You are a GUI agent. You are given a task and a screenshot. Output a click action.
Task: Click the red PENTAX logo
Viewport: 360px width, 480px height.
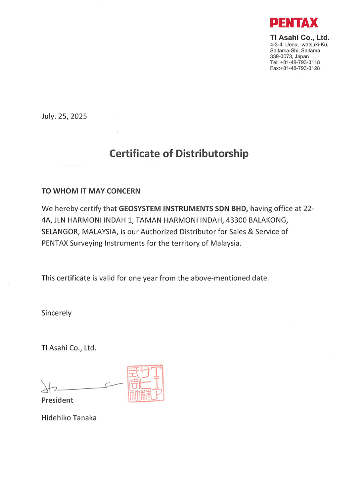[x=294, y=22]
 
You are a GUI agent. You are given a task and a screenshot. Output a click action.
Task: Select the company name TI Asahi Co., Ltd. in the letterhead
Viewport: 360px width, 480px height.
[x=300, y=38]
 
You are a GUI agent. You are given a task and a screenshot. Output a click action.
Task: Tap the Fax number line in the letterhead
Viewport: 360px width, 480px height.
[x=295, y=68]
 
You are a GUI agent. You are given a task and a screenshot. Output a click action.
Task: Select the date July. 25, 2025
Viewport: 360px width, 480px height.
[x=64, y=117]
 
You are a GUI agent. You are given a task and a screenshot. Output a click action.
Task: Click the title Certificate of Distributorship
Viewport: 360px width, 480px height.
[x=179, y=153]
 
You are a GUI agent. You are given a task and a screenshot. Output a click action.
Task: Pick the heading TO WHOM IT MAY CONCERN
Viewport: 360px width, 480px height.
[x=91, y=191]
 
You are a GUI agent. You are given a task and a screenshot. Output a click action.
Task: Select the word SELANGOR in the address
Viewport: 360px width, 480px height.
[x=58, y=232]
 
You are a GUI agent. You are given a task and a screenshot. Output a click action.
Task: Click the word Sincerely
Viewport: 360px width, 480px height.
[x=57, y=313]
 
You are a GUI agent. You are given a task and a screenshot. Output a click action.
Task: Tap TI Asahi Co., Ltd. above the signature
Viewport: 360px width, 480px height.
[x=69, y=348]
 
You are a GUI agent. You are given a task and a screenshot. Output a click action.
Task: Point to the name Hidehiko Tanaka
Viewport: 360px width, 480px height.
[x=69, y=418]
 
